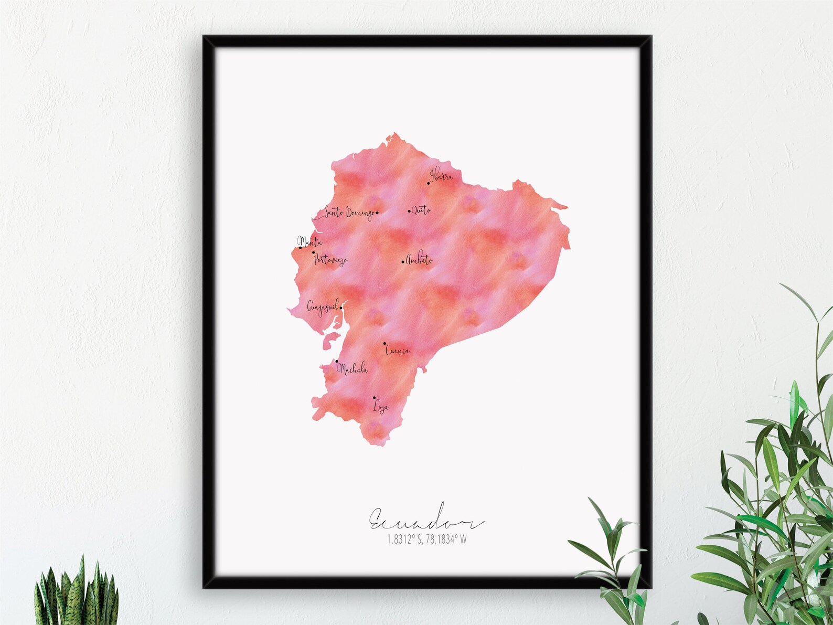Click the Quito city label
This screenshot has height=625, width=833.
pos(421,210)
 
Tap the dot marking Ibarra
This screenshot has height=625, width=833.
pos(429,183)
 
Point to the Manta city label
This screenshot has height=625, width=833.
pos(310,242)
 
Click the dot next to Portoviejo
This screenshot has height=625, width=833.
pos(314,252)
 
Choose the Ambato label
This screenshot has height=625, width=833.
pos(420,260)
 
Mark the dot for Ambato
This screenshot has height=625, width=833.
pos(403,261)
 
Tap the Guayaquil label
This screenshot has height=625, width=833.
pos(322,306)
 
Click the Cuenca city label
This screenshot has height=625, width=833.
pos(398,351)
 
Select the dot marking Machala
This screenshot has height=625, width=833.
pos(337,361)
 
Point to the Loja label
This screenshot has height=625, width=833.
pos(380,407)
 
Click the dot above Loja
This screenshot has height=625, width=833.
pos(374,397)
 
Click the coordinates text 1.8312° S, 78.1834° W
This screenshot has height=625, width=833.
pos(426,539)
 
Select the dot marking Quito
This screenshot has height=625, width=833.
pos(409,211)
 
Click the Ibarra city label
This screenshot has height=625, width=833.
pos(441,176)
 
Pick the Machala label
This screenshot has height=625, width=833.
pos(353,369)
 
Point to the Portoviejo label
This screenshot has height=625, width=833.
pos(330,260)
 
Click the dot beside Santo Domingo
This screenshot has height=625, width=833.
pos(377,213)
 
